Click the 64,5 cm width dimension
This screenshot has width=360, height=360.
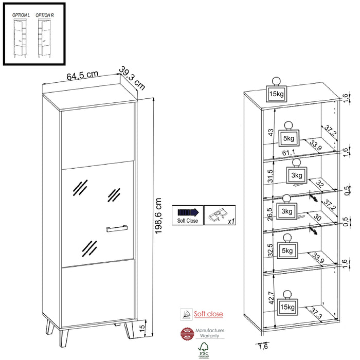[x=82, y=75]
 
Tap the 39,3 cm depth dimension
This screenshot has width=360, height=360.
[x=132, y=77]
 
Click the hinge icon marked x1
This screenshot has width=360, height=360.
[x=218, y=215]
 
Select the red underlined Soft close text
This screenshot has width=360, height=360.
[x=209, y=314]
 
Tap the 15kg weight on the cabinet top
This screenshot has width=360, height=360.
[x=276, y=94]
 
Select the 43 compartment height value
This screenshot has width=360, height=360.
[x=269, y=133]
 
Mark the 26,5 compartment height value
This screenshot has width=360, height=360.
[x=269, y=213]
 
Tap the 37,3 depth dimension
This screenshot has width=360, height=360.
[x=316, y=312]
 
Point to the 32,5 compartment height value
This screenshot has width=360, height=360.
[x=269, y=249]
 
